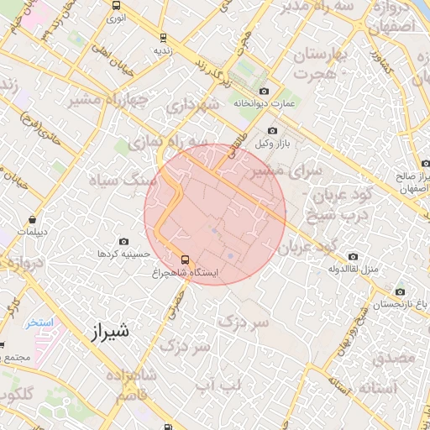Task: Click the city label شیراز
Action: point(109,330)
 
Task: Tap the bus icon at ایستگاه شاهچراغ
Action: point(186,259)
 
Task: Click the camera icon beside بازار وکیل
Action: point(272,130)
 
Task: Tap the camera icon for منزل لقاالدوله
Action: point(353,256)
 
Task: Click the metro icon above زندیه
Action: point(162,37)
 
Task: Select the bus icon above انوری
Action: point(115,4)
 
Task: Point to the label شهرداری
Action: point(192,107)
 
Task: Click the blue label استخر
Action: point(39,322)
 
